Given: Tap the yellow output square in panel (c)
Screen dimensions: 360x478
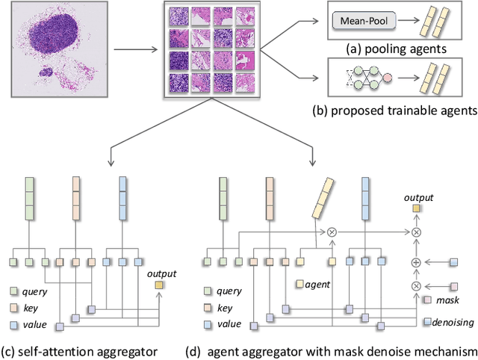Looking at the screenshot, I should point(159,285).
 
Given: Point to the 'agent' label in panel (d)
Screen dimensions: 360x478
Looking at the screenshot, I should point(317,284).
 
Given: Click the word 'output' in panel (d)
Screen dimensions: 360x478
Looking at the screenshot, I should point(418,197).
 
